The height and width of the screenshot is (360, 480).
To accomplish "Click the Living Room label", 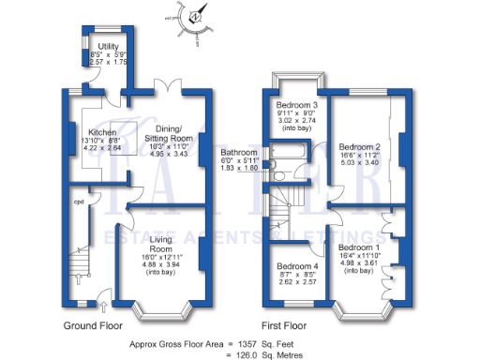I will (x=155, y=246).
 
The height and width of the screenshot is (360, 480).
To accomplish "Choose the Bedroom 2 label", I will (x=359, y=147).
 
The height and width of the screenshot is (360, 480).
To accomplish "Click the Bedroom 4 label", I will (x=297, y=266).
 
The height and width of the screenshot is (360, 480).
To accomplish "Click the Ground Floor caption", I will (x=94, y=325).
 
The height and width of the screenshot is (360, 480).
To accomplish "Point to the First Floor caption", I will (x=285, y=325).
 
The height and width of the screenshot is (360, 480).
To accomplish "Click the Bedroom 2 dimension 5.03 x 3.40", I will (x=359, y=162).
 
